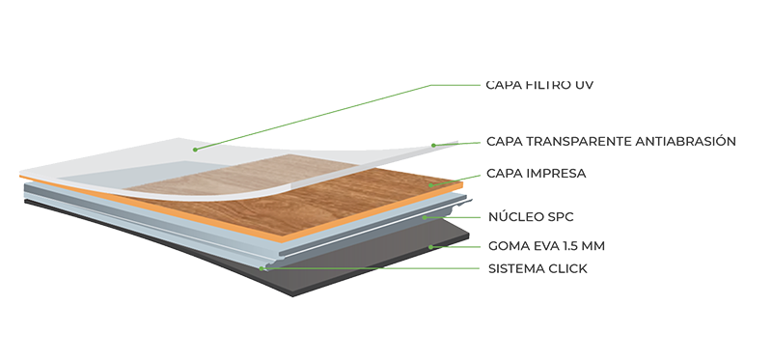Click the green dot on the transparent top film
click(195, 149)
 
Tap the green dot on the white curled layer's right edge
click(433, 145)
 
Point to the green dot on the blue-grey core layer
click(426, 217)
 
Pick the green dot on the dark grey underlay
click(430, 247)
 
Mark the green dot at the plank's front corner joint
click(262, 267)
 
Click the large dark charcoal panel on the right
click(608, 188)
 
